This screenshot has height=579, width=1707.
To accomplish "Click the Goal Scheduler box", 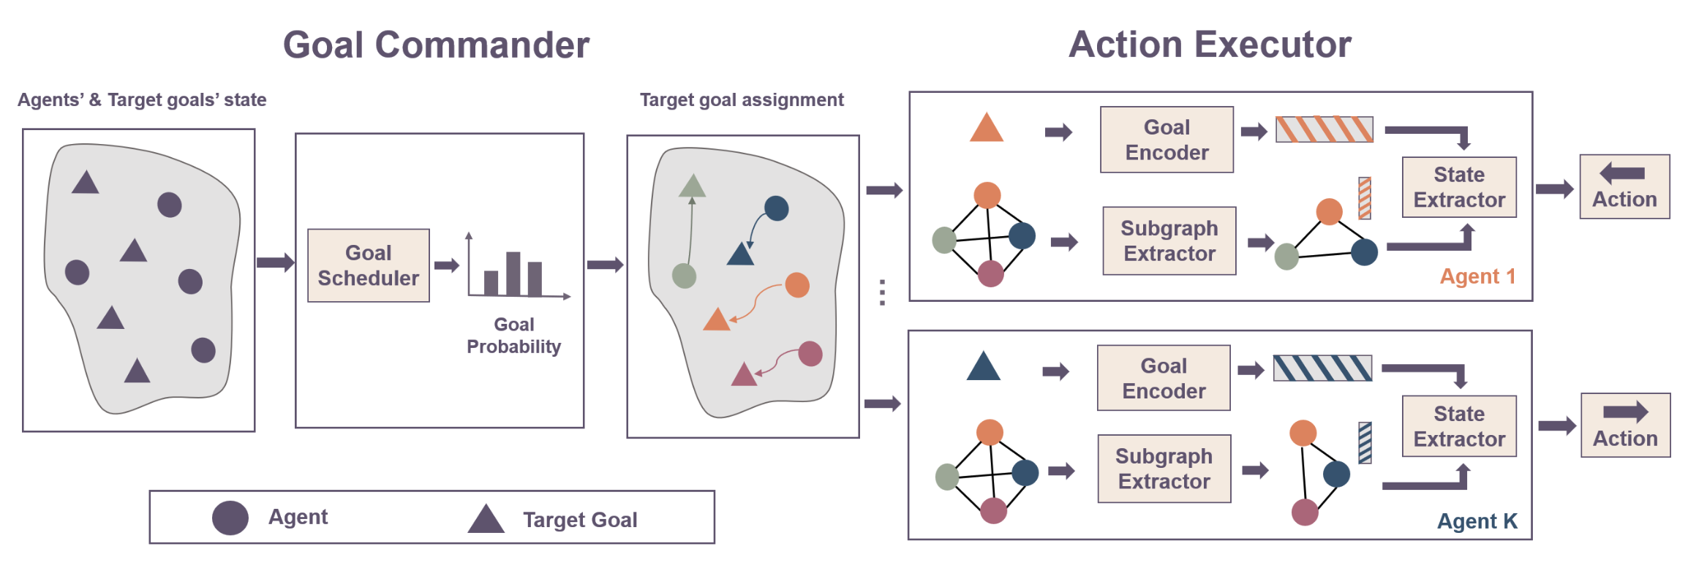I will [x=368, y=265].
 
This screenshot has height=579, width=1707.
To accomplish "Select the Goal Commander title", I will [x=436, y=45].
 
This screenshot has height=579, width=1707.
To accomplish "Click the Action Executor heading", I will [x=1209, y=45].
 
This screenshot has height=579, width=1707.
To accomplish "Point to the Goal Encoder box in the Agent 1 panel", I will [x=1166, y=140].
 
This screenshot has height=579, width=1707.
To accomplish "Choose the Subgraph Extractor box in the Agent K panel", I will [x=1164, y=469].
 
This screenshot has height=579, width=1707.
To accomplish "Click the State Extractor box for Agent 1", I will [x=1458, y=187].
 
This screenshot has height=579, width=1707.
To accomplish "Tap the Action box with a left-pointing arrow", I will [x=1624, y=186].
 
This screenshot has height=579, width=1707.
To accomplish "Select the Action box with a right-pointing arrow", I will [x=1624, y=425].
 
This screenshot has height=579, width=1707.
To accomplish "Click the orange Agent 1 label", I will [x=1477, y=276].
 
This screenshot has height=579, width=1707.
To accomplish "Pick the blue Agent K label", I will [x=1477, y=521].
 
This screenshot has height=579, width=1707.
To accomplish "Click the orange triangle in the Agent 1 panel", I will [x=986, y=129].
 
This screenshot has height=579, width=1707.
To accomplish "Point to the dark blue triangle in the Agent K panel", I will [x=982, y=368].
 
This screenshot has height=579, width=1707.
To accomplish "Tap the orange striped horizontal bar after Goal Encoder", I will [x=1324, y=129].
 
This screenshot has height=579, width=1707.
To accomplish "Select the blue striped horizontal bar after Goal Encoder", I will [x=1322, y=368].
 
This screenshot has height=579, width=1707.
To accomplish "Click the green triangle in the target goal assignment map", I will [x=692, y=188].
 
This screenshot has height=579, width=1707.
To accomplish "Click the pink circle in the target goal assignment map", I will [x=810, y=354].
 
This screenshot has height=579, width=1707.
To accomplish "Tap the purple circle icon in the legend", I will [x=230, y=518].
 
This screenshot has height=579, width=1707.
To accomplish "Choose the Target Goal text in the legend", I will [x=579, y=520].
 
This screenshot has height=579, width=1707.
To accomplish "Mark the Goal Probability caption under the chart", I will [x=513, y=336].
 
